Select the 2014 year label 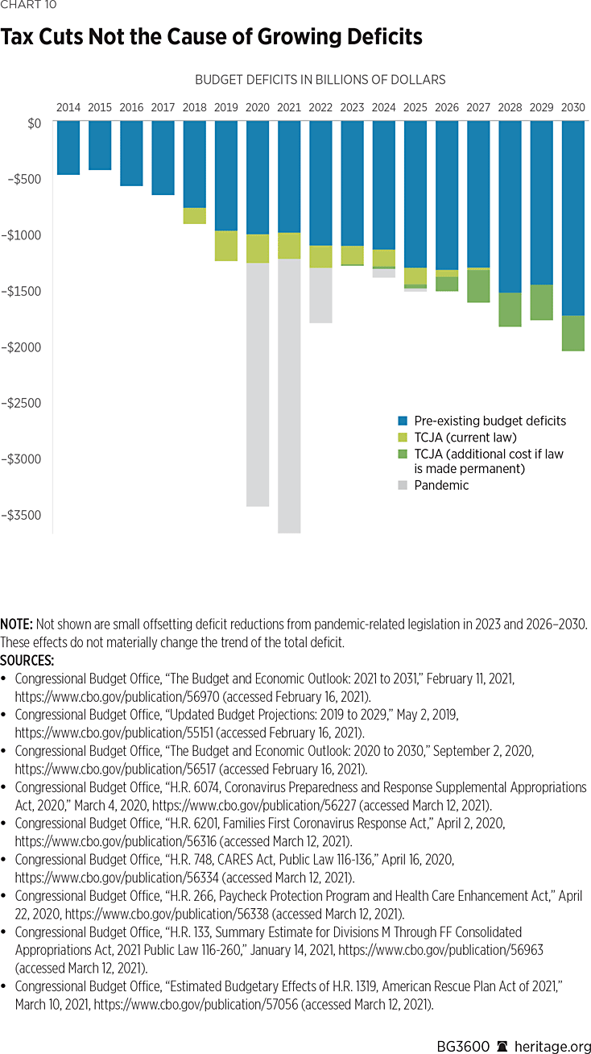(x=68, y=107)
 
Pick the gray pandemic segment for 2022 (x=320, y=295)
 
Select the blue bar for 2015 (x=100, y=145)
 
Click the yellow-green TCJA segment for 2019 (x=225, y=246)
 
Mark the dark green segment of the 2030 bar (x=573, y=333)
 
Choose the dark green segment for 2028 (x=510, y=309)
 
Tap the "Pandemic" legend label (x=441, y=485)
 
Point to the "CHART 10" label (x=25, y=6)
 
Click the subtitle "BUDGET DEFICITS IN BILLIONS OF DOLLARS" (x=320, y=80)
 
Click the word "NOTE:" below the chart (x=16, y=625)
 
